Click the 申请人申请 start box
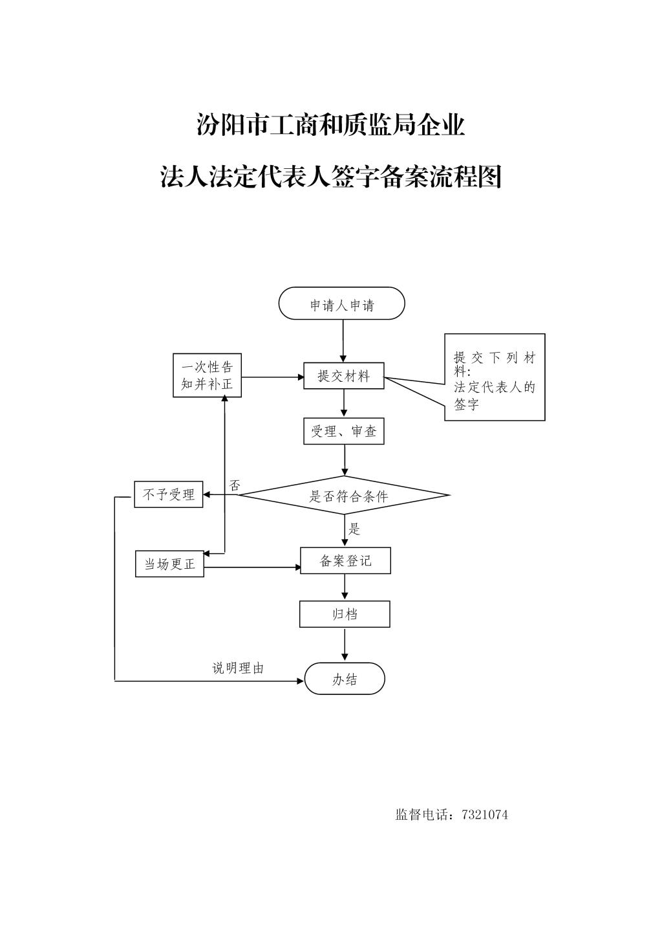[341, 303]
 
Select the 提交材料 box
[343, 376]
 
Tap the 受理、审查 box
[343, 432]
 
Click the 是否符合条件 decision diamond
[344, 496]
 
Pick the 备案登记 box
[345, 561]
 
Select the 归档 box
[345, 614]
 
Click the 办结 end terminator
[345, 679]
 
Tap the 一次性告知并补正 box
[207, 375]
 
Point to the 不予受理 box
[169, 495]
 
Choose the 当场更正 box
[169, 564]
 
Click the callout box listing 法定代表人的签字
[495, 377]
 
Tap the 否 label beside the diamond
[235, 485]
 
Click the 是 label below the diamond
[354, 529]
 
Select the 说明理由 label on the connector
[238, 668]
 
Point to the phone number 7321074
[485, 815]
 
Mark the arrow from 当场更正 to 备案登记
[252, 568]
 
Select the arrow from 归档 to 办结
[345, 645]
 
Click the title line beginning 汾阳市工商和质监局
[330, 125]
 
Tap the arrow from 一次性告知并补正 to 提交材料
[272, 377]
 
